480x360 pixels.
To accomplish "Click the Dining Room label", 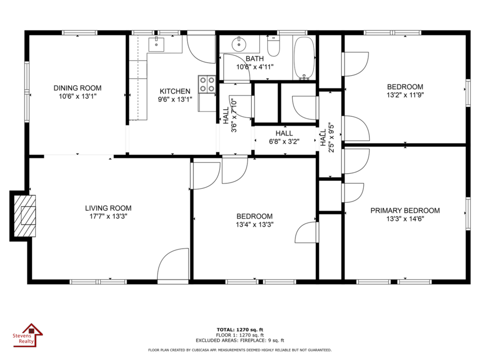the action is point(77,88).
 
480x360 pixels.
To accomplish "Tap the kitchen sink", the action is point(156,44).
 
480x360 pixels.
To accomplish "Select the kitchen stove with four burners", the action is point(207,84).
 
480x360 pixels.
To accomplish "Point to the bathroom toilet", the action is point(274,46).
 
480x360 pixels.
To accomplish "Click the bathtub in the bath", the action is point(304,58).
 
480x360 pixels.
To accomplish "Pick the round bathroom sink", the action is point(239,44).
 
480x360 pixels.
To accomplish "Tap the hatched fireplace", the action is point(25,216).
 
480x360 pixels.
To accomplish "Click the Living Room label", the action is point(108,208).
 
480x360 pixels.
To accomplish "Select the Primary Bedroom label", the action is point(405,211).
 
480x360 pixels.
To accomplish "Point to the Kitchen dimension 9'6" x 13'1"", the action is point(175,100).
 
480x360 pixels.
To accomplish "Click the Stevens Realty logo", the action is point(28,335).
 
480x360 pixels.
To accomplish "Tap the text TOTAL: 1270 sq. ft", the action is point(239,330).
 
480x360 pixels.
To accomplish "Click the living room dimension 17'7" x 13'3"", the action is point(108,217).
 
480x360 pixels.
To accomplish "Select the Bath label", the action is point(255,59).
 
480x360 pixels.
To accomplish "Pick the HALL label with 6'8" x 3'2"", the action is point(284,133).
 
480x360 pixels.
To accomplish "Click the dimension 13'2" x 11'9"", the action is point(405,95).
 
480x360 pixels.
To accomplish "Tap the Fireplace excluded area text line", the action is point(239,340).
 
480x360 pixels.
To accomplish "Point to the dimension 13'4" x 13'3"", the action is point(254,225).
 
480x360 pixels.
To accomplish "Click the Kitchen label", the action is point(175,91).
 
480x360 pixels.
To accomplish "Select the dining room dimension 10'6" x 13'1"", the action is point(77,97).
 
